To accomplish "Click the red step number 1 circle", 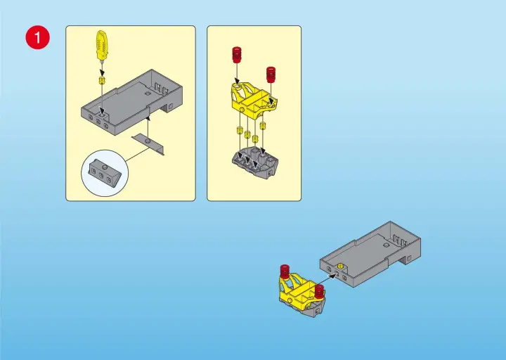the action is click(38, 37).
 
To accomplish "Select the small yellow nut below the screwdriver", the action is click(103, 80).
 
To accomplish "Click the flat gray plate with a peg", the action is click(148, 144).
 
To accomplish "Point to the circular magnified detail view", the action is click(105, 173).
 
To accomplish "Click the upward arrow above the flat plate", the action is click(148, 127).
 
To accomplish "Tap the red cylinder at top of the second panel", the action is click(237, 54).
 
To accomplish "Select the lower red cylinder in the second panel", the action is click(271, 75).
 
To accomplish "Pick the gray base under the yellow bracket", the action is click(255, 162).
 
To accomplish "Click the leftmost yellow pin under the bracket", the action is click(240, 130).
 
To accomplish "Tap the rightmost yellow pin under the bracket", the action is click(263, 126).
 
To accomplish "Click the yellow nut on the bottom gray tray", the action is click(340, 265).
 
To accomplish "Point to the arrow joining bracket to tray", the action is click(325, 281).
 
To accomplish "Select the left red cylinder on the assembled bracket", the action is click(285, 271).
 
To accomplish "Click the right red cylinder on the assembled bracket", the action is click(319, 291).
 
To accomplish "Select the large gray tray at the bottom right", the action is click(370, 254).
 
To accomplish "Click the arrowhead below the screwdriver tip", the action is click(102, 72).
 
